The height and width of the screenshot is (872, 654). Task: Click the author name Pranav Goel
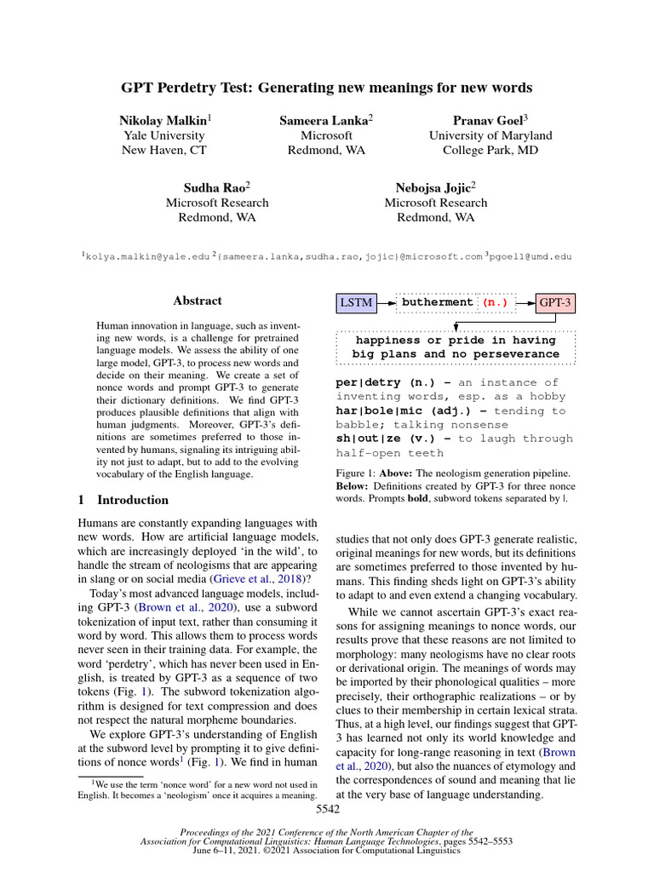click(488, 120)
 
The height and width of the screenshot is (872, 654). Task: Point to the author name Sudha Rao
click(215, 187)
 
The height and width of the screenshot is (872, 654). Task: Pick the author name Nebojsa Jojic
click(433, 187)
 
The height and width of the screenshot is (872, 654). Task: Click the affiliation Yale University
click(164, 135)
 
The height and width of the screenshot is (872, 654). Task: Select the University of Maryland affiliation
click(490, 135)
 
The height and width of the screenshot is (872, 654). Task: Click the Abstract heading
click(198, 301)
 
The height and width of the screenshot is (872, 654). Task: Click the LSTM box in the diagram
click(356, 302)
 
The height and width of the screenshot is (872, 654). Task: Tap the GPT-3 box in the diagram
click(555, 302)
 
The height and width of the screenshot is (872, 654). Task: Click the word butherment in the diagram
click(436, 302)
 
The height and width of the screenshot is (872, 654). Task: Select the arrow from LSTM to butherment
click(387, 302)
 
